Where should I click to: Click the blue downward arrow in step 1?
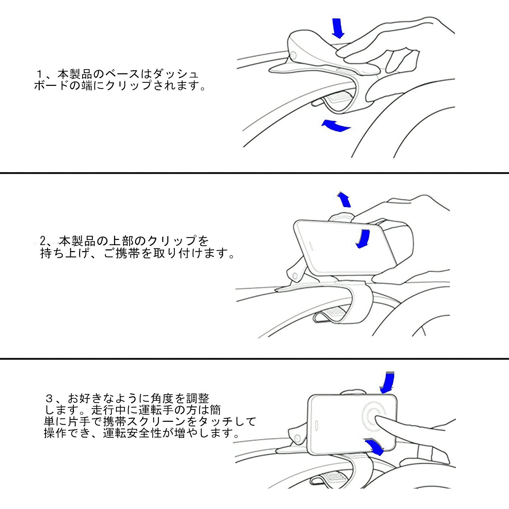point(338,28)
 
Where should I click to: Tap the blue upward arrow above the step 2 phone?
point(344,199)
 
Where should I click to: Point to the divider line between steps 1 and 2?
point(254,173)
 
